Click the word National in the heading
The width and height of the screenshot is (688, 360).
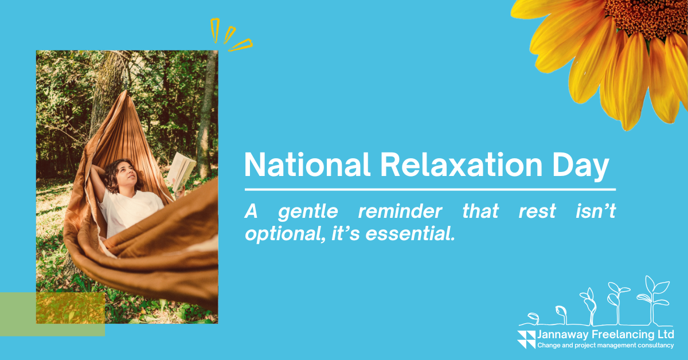[x=307, y=165]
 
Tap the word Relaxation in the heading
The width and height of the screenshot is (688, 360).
[x=462, y=165]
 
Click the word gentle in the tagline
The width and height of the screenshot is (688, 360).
[x=308, y=213]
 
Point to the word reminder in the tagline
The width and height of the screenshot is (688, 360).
[x=400, y=212]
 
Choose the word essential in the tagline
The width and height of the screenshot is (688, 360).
[x=410, y=233]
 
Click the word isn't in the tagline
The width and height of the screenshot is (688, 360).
[x=596, y=211]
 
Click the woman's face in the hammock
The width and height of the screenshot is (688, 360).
[x=127, y=174]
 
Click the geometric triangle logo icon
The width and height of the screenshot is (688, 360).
[x=526, y=339]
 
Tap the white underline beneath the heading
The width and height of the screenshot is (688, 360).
[x=430, y=190]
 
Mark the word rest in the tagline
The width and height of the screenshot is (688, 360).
[x=537, y=212]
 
